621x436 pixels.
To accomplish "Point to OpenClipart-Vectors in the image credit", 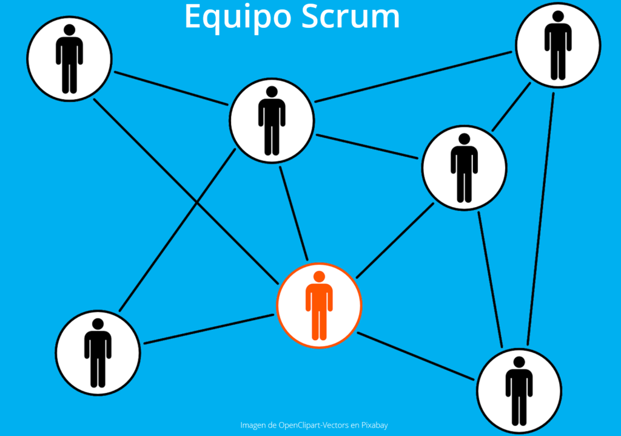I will click(x=316, y=425).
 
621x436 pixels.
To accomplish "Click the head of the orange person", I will click(x=319, y=277).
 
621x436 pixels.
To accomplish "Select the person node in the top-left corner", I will click(x=69, y=58).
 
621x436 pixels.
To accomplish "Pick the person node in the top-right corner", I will click(x=558, y=45).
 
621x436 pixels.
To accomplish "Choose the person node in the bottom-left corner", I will click(x=98, y=352).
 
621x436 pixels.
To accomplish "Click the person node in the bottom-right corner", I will click(x=519, y=390).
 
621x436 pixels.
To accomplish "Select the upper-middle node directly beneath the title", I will click(x=272, y=120).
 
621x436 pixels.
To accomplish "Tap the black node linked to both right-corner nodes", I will click(x=464, y=168).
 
